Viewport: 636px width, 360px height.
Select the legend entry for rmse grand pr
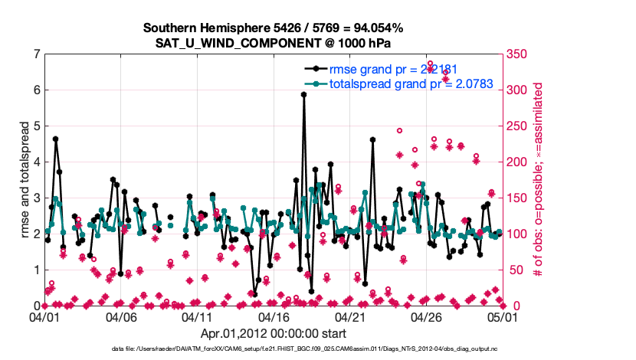click(x=393, y=70)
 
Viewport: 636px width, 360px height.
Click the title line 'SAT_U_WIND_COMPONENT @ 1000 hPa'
click(x=274, y=42)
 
